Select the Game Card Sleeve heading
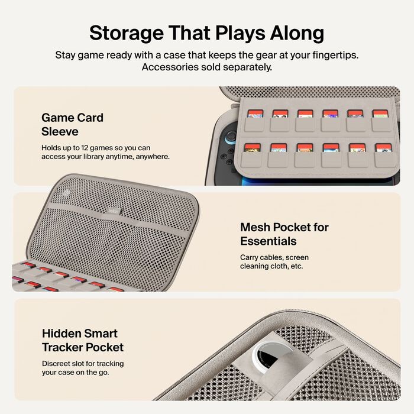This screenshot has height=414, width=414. [x=72, y=124]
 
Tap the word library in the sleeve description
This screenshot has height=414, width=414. [x=105, y=157]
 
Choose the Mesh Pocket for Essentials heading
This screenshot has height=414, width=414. [x=284, y=234]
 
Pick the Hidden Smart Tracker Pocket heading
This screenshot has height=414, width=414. [x=82, y=340]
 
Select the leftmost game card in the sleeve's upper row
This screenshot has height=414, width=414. [x=254, y=113]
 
